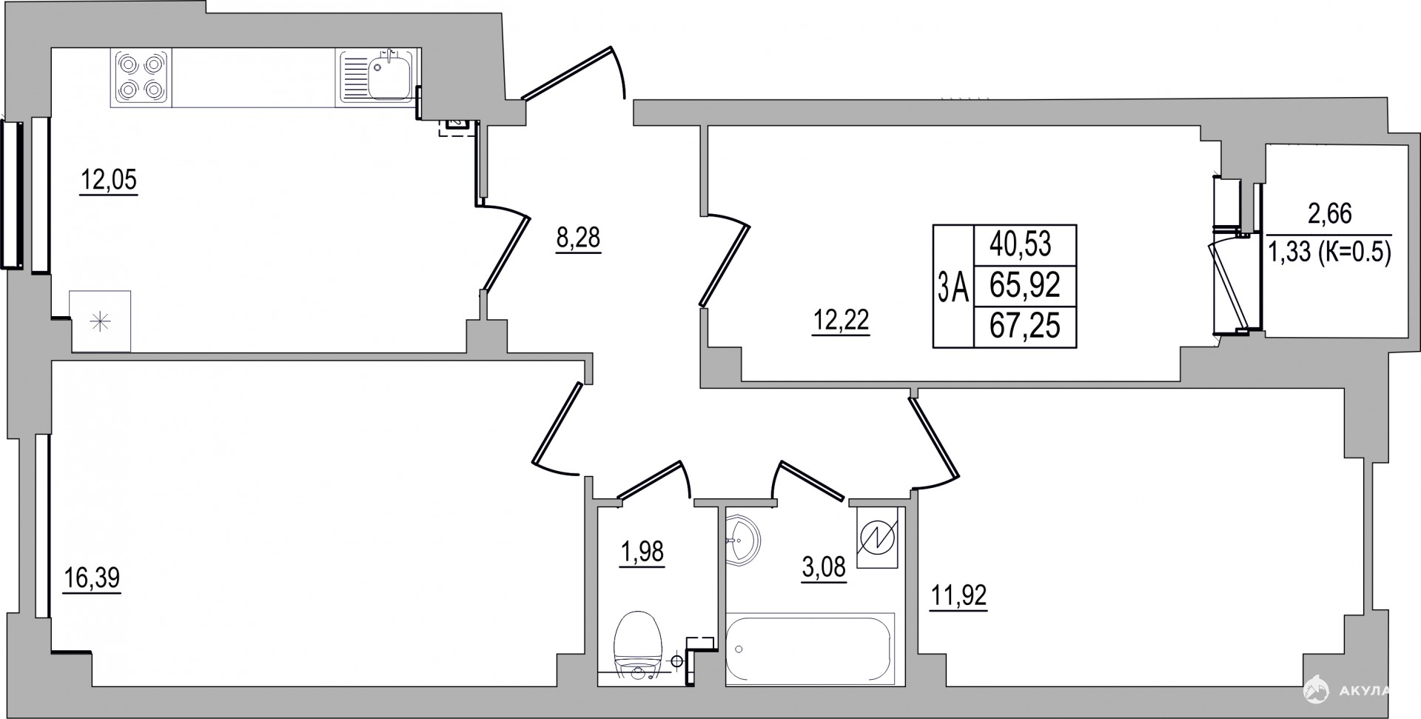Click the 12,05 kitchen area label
109,180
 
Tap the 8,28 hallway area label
577,238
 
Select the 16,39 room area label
92,578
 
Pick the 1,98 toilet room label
642,552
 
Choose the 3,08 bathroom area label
824,569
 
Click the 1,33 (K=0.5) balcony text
1330,254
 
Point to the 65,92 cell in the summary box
1025,284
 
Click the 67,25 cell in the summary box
1025,325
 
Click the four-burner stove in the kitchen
141,78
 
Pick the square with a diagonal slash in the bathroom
877,538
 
